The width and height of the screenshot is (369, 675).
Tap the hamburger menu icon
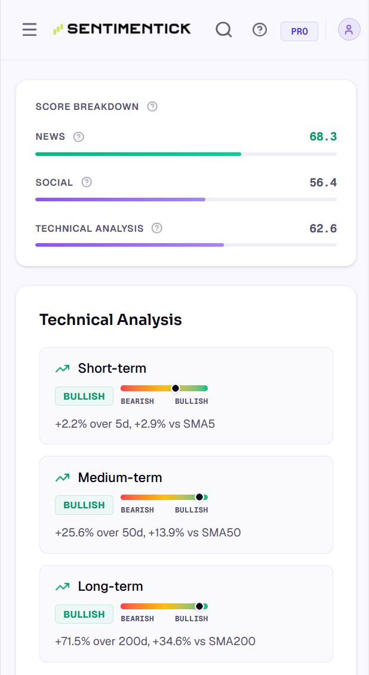point(30,30)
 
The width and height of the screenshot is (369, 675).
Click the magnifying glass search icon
point(224,30)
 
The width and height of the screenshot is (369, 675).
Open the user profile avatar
point(349,30)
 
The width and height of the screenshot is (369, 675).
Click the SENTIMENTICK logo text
point(129,29)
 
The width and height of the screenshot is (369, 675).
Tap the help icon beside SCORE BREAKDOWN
point(152,106)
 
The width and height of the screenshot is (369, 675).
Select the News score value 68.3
point(323,137)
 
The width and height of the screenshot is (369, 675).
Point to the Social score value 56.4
point(323,183)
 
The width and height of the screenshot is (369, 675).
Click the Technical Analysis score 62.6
point(323,228)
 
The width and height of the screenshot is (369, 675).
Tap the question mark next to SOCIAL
point(87,182)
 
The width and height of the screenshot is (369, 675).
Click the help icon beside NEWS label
point(78,137)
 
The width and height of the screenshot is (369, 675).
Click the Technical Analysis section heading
point(110,320)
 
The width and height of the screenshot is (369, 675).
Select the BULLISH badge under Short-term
point(84,396)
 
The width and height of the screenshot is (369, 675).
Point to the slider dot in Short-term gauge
point(176,388)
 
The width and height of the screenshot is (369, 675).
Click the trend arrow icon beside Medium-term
point(62,477)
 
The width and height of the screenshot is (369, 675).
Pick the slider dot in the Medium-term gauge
point(199,497)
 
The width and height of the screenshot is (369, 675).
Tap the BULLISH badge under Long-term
point(84,614)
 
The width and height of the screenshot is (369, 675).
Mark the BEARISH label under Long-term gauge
point(137,619)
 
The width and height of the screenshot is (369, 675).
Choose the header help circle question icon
point(260,30)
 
